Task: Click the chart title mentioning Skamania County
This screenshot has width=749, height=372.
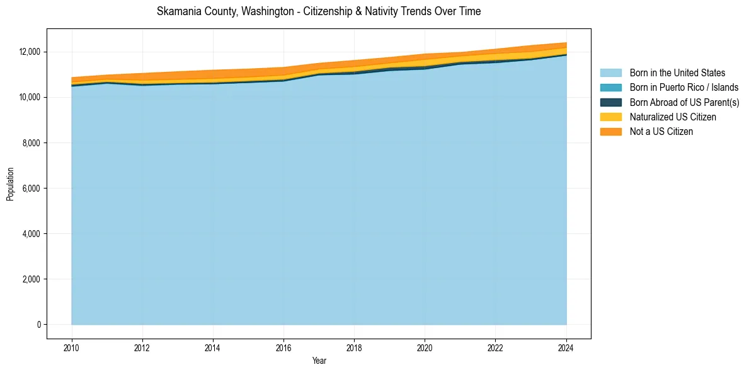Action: tap(319, 11)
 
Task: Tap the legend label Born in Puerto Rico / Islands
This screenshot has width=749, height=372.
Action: tap(684, 88)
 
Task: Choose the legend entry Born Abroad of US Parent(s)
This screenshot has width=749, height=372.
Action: tap(684, 102)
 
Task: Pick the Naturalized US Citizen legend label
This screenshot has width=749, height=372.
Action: tap(673, 117)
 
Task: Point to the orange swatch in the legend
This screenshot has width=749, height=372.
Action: tap(610, 132)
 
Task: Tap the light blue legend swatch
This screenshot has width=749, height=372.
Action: tap(610, 73)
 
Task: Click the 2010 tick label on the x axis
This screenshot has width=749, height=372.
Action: tap(72, 347)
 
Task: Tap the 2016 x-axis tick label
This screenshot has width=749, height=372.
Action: tap(283, 347)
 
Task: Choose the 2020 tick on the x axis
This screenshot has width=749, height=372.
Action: tap(425, 347)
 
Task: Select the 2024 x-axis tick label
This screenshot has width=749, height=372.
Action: tap(566, 347)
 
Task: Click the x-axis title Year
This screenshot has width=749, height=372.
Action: tap(319, 361)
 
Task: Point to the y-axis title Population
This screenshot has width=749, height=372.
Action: tap(10, 184)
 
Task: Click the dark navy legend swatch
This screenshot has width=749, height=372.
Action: tap(610, 102)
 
